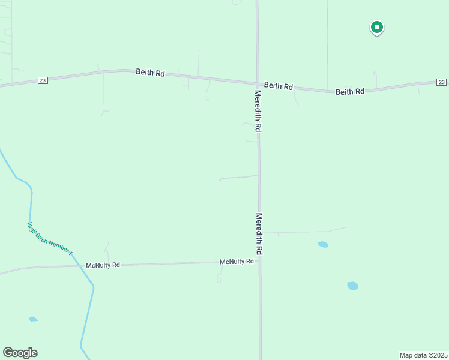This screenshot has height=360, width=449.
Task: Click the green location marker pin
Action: pos(376,27)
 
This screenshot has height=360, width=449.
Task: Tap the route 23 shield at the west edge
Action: pos(42,80)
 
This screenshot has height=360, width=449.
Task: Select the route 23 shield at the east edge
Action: pos(441,82)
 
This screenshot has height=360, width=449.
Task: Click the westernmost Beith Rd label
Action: pos(150,73)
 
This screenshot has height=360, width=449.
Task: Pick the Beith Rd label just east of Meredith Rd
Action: pos(279,86)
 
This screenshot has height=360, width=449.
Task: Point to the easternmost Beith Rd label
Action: pos(350,92)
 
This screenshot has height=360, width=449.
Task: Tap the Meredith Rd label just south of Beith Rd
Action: pos(258,112)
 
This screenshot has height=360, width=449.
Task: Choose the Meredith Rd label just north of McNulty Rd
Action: pos(259,234)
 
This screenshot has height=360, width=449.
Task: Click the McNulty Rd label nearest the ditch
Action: pos(103,265)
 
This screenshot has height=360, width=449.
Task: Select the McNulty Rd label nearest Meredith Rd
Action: pos(237,262)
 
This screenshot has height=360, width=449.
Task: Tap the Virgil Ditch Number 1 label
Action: pos(50,239)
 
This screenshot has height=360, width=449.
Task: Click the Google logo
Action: pos(20,353)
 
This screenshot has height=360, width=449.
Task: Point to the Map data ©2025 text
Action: pos(424,355)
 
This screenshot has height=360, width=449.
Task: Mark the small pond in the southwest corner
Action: pos(33,319)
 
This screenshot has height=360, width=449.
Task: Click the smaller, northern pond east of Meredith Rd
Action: pos(323,245)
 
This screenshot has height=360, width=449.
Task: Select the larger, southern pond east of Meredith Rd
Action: pos(352,286)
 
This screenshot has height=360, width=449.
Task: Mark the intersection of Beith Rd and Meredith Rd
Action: pos(258,83)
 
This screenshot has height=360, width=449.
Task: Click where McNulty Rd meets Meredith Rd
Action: pos(259,262)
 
